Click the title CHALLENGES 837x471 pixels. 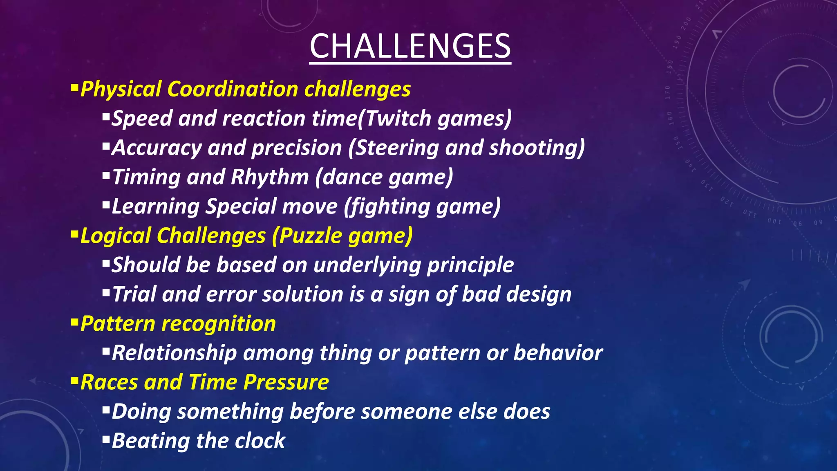click(x=410, y=46)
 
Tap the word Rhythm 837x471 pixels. click(x=270, y=177)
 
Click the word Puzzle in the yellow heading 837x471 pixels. click(x=311, y=236)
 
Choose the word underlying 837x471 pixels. click(x=367, y=265)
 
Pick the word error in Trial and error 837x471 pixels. click(x=231, y=294)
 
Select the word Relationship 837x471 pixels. click(x=174, y=353)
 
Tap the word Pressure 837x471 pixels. click(x=286, y=382)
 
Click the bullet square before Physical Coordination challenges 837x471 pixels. click(x=74, y=87)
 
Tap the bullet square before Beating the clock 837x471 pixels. click(x=106, y=440)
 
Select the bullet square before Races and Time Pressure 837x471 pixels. click(x=74, y=381)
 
